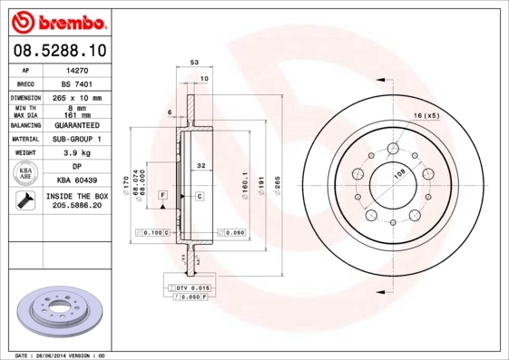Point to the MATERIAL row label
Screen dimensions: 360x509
pyautogui.click(x=24, y=139)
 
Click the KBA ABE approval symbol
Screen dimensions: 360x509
pyautogui.click(x=25, y=173)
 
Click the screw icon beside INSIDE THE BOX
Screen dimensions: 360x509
pyautogui.click(x=25, y=201)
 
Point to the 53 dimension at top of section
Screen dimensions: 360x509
pyautogui.click(x=193, y=62)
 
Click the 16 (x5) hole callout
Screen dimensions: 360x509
pyautogui.click(x=426, y=116)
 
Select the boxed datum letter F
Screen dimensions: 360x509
pyautogui.click(x=162, y=196)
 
